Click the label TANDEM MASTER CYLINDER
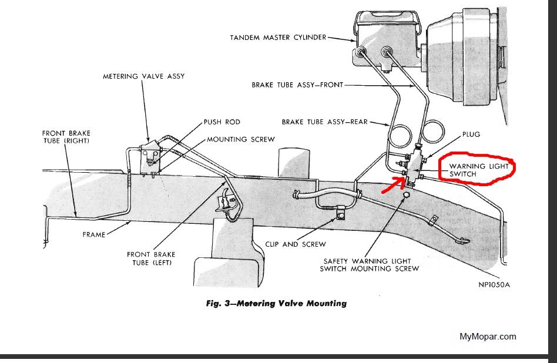(x=278, y=38)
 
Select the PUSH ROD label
(x=222, y=122)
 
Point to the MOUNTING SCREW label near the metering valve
(x=240, y=140)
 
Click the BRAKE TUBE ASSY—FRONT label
(x=297, y=85)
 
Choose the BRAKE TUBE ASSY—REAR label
(x=324, y=122)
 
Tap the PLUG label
(x=471, y=135)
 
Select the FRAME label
(x=94, y=235)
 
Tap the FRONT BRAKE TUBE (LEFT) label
(x=149, y=258)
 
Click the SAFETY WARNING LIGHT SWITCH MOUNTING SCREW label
(x=370, y=265)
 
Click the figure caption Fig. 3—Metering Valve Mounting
(x=276, y=304)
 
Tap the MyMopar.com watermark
(x=488, y=337)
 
